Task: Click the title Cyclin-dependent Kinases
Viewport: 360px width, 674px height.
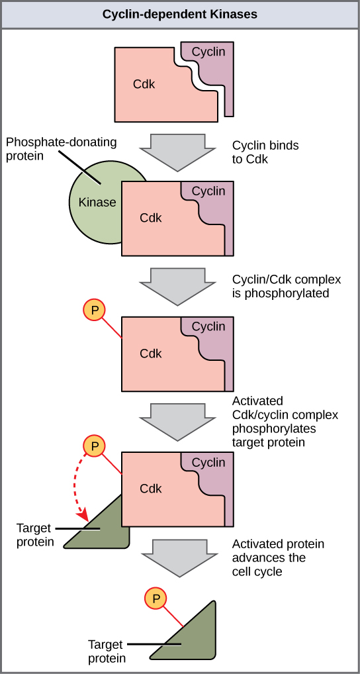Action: (180, 14)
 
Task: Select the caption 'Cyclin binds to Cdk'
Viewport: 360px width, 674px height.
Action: (260, 152)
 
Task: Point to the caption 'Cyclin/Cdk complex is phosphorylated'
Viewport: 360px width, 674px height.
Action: (280, 286)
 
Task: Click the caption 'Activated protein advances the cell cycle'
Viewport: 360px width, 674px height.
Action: (278, 557)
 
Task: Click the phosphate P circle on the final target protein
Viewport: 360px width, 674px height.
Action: (156, 599)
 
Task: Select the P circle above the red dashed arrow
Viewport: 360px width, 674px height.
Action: (95, 446)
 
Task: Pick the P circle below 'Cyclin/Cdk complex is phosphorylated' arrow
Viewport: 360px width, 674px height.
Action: (95, 311)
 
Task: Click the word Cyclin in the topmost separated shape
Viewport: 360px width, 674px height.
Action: (208, 52)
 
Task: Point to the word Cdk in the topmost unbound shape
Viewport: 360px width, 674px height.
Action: (144, 85)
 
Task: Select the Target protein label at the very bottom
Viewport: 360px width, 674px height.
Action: (106, 650)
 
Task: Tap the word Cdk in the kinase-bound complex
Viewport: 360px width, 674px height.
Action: (150, 217)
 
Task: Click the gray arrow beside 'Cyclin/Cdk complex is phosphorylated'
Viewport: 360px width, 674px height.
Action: (179, 285)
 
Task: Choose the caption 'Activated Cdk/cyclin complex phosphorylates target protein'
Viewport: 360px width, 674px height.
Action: (285, 421)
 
